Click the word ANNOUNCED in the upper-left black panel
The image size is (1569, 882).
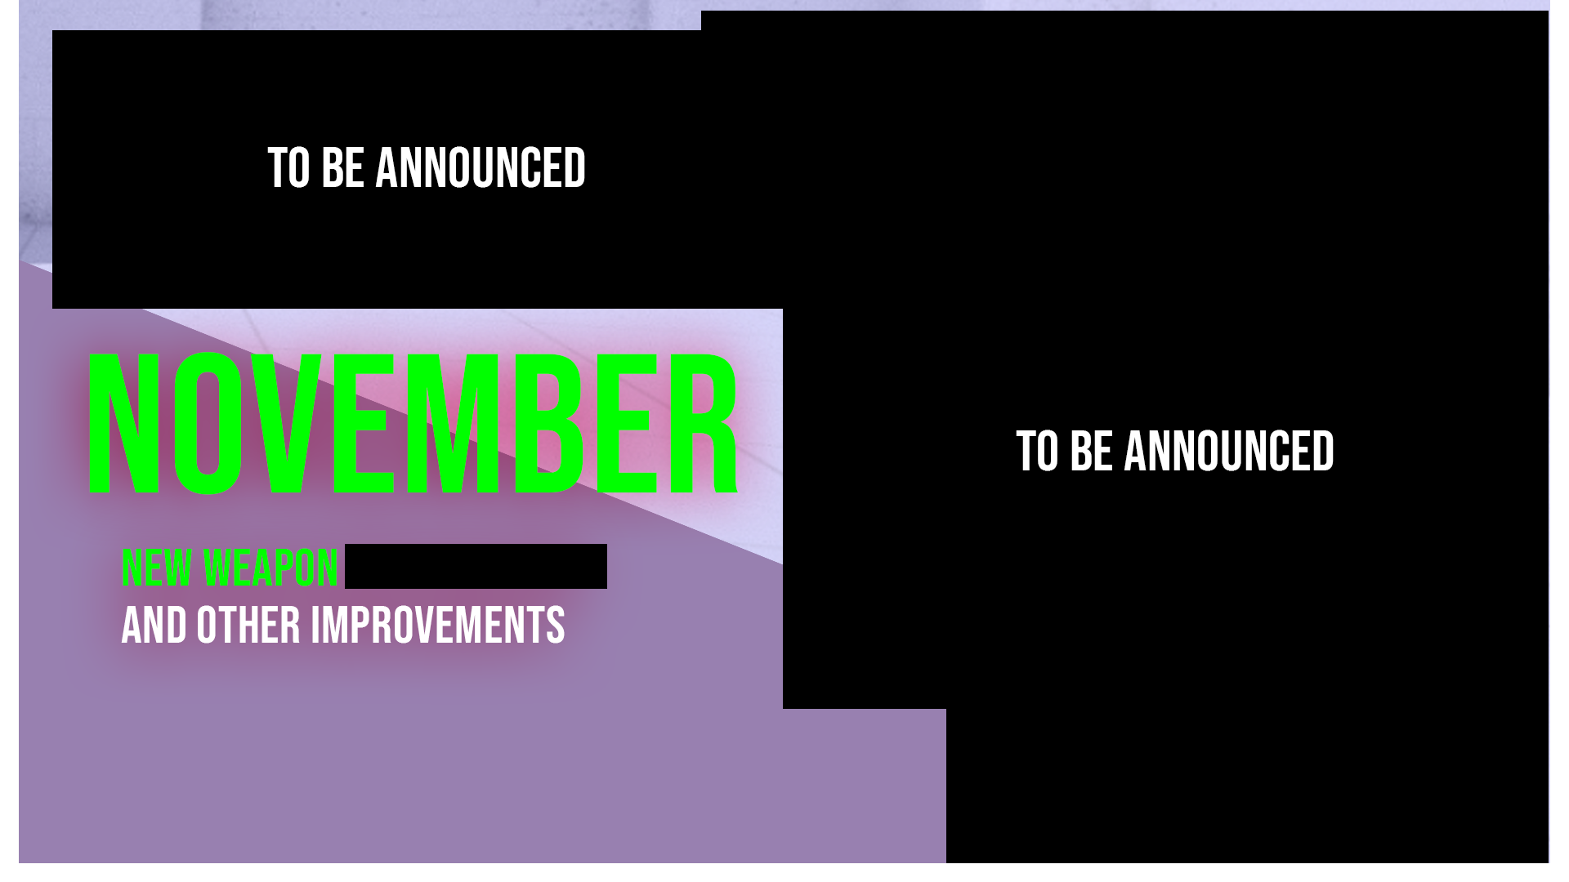pyautogui.click(x=481, y=168)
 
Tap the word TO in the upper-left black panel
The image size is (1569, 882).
pyautogui.click(x=289, y=168)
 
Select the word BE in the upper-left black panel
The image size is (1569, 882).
pyautogui.click(x=342, y=168)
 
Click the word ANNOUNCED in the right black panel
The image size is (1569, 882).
pyautogui.click(x=1229, y=451)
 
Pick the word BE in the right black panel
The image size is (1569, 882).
pyautogui.click(x=1091, y=451)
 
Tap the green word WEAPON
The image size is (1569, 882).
pyautogui.click(x=270, y=568)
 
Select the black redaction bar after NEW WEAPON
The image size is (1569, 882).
pyautogui.click(x=476, y=566)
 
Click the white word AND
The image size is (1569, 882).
pyautogui.click(x=154, y=626)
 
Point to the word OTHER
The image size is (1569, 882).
pyautogui.click(x=248, y=626)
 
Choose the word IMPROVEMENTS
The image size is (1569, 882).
pyautogui.click(x=437, y=626)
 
